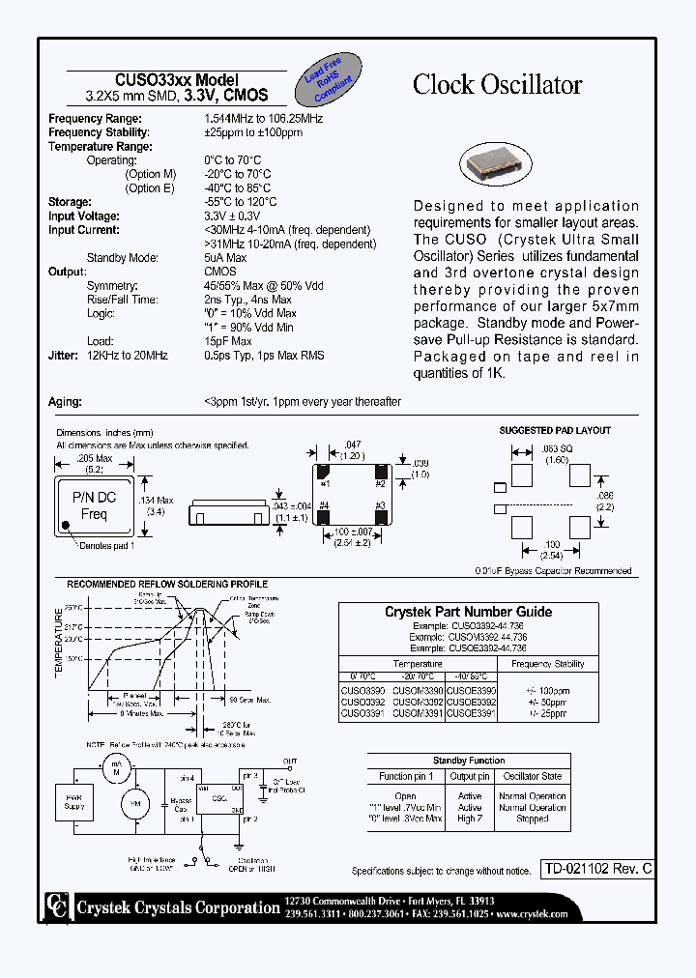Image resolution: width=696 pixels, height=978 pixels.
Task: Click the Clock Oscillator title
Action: pos(497,85)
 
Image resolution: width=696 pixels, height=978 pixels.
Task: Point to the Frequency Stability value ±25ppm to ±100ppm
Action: pos(253,132)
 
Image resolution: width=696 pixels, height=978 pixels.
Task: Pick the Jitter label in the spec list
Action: pos(63,356)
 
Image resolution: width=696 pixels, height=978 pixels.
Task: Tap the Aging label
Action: pos(65,402)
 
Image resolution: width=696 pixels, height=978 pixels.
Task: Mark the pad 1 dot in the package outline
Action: pos(66,528)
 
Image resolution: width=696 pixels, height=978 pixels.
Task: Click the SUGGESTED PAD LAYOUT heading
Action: pos(554,430)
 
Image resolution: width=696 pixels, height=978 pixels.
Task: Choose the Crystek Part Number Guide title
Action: pos(468,612)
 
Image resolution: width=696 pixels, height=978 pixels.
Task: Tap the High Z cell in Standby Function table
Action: pos(470,819)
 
